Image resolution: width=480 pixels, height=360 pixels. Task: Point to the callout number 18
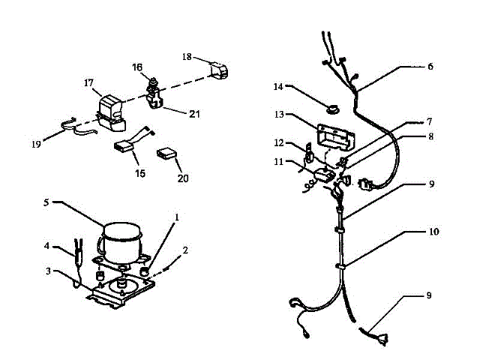click(x=187, y=56)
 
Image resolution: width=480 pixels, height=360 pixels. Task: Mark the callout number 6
click(x=430, y=66)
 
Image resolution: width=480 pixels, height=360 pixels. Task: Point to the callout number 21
click(x=194, y=114)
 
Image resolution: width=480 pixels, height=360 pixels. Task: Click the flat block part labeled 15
click(x=128, y=148)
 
